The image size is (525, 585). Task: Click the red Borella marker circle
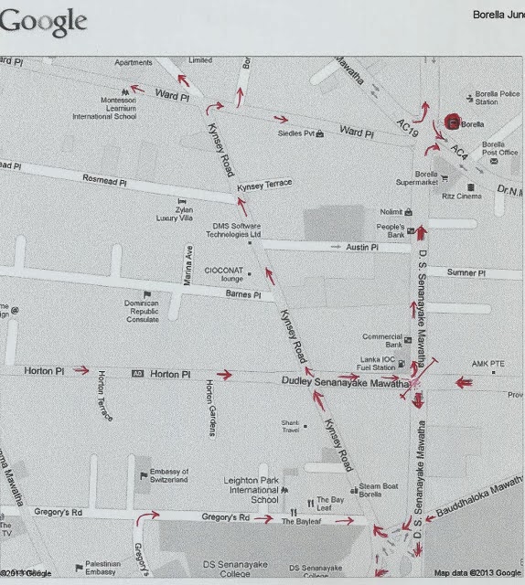pos(452,122)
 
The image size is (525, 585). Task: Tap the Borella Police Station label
pos(498,98)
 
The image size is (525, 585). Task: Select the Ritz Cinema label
pos(462,196)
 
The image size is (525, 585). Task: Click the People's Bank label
pos(391,230)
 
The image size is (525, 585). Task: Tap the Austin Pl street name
pos(363,247)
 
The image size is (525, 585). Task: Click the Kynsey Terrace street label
pos(264,186)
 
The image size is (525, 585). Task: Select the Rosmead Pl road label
pos(104,181)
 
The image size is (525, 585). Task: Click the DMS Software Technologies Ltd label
pos(232,230)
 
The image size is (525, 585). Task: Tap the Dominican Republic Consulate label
pos(148,313)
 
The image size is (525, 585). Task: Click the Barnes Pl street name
pos(243,294)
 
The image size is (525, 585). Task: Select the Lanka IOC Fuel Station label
pos(377,364)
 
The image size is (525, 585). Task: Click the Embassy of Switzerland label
pos(168,475)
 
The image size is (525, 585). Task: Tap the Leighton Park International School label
pos(252,490)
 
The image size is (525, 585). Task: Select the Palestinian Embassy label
pos(101,568)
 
